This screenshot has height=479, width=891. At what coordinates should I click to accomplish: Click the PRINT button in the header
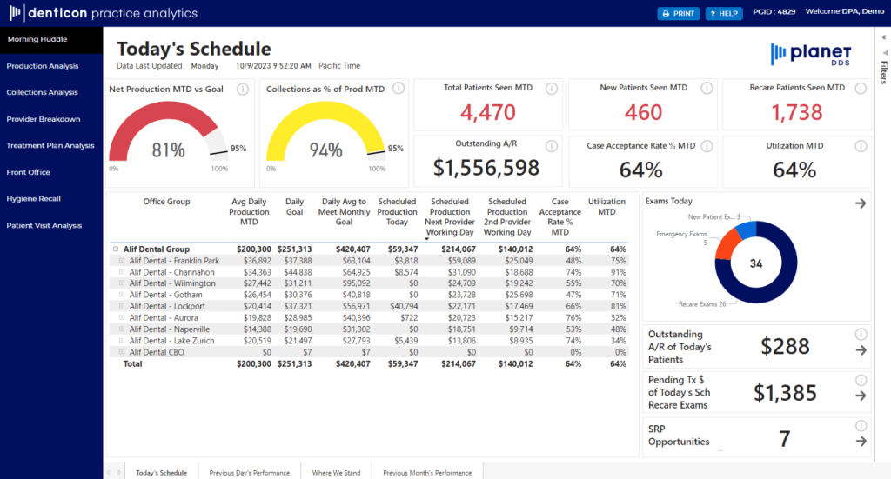click(678, 13)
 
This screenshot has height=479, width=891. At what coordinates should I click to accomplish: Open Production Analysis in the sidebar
click(43, 66)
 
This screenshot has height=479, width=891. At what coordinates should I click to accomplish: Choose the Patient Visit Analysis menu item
click(44, 225)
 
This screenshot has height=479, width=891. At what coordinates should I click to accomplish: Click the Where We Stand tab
click(336, 472)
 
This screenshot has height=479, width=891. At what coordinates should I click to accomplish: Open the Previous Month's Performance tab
click(427, 472)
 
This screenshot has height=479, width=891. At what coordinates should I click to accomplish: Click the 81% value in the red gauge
click(168, 150)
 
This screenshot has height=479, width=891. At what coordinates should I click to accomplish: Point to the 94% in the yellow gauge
click(325, 150)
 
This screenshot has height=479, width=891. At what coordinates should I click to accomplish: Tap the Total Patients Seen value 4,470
click(487, 112)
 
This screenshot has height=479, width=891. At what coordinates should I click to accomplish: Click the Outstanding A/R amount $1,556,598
click(487, 168)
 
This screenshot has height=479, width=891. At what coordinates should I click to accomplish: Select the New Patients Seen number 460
click(643, 112)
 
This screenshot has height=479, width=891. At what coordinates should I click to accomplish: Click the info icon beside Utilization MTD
click(861, 145)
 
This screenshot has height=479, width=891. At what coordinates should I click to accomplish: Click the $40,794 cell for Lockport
click(399, 306)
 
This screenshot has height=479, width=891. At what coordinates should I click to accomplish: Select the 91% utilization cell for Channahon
click(618, 272)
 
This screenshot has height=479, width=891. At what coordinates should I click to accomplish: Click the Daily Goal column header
click(295, 207)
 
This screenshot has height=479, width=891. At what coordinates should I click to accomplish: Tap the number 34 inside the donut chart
click(756, 264)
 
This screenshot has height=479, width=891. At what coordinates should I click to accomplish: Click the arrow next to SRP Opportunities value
click(861, 441)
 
